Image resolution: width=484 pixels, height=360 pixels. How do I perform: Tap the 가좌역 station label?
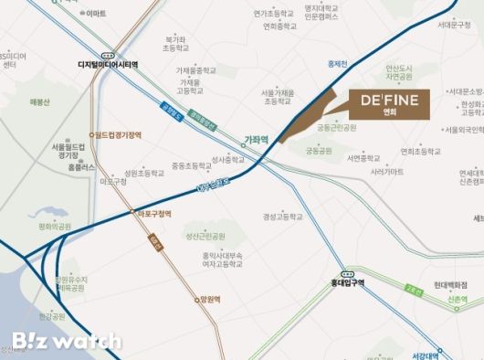256,140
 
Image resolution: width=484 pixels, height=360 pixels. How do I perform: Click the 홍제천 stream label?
338,63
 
